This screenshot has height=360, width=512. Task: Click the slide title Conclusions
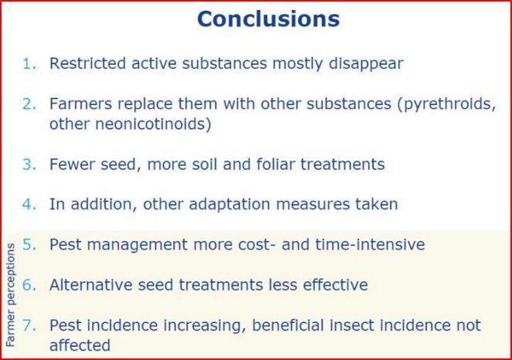[x=269, y=19]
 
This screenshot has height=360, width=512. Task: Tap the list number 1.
[x=29, y=63]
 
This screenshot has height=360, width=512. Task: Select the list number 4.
[x=29, y=204]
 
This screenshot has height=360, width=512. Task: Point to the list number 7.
[x=29, y=325]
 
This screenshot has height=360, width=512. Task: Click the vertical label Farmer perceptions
[x=11, y=295]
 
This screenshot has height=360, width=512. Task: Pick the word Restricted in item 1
[x=87, y=63]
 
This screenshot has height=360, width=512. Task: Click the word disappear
[x=366, y=64]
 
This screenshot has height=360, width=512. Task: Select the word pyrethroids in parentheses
[x=446, y=104]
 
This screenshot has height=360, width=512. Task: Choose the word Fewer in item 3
[x=72, y=164]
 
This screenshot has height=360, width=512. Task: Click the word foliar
[x=276, y=164]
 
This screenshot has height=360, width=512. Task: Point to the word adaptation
[x=229, y=205]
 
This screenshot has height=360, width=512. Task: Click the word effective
[x=335, y=285]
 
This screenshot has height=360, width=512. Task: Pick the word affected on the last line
[x=80, y=345]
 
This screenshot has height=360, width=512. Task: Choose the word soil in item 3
[x=205, y=164]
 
